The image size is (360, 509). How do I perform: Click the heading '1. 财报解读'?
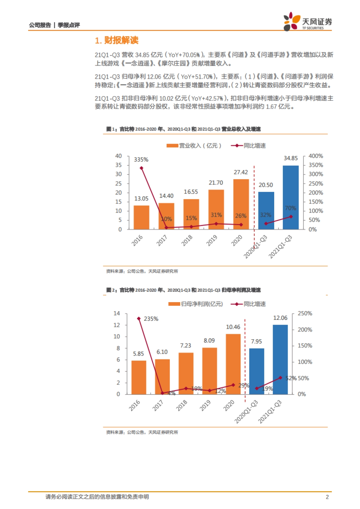click(x=116, y=40)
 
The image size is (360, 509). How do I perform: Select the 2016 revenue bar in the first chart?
click(x=141, y=217)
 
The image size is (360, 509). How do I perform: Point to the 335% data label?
click(x=141, y=159)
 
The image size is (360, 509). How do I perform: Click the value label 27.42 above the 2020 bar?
click(x=241, y=172)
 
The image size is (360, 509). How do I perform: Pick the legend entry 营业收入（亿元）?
click(x=194, y=146)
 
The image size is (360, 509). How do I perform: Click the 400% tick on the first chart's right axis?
click(x=315, y=156)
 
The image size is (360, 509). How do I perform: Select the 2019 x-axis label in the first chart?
click(x=212, y=240)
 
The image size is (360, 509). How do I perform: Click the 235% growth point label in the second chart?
click(x=151, y=319)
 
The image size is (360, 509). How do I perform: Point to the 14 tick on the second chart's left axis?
click(x=117, y=314)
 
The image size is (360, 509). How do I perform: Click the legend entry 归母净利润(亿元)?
click(x=196, y=304)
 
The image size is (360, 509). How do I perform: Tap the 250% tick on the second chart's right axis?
click(x=304, y=314)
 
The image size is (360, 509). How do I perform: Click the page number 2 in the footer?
click(x=327, y=497)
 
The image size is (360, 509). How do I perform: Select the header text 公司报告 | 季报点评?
click(x=54, y=25)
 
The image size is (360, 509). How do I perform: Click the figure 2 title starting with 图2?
click(x=183, y=290)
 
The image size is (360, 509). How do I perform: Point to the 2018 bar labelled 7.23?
click(x=186, y=373)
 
